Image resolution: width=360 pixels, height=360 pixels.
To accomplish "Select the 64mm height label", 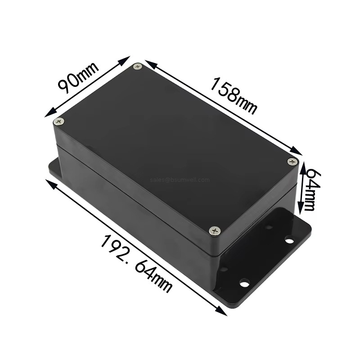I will (309, 188).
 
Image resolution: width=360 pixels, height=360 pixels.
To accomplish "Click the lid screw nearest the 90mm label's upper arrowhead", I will (138, 67).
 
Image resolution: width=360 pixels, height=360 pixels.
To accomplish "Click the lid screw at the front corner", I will (214, 231).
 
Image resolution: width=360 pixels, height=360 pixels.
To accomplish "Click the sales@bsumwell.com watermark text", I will (180, 179).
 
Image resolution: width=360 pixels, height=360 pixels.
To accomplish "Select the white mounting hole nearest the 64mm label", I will (288, 240).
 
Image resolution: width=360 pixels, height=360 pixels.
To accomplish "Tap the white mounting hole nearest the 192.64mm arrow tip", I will (244, 283).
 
